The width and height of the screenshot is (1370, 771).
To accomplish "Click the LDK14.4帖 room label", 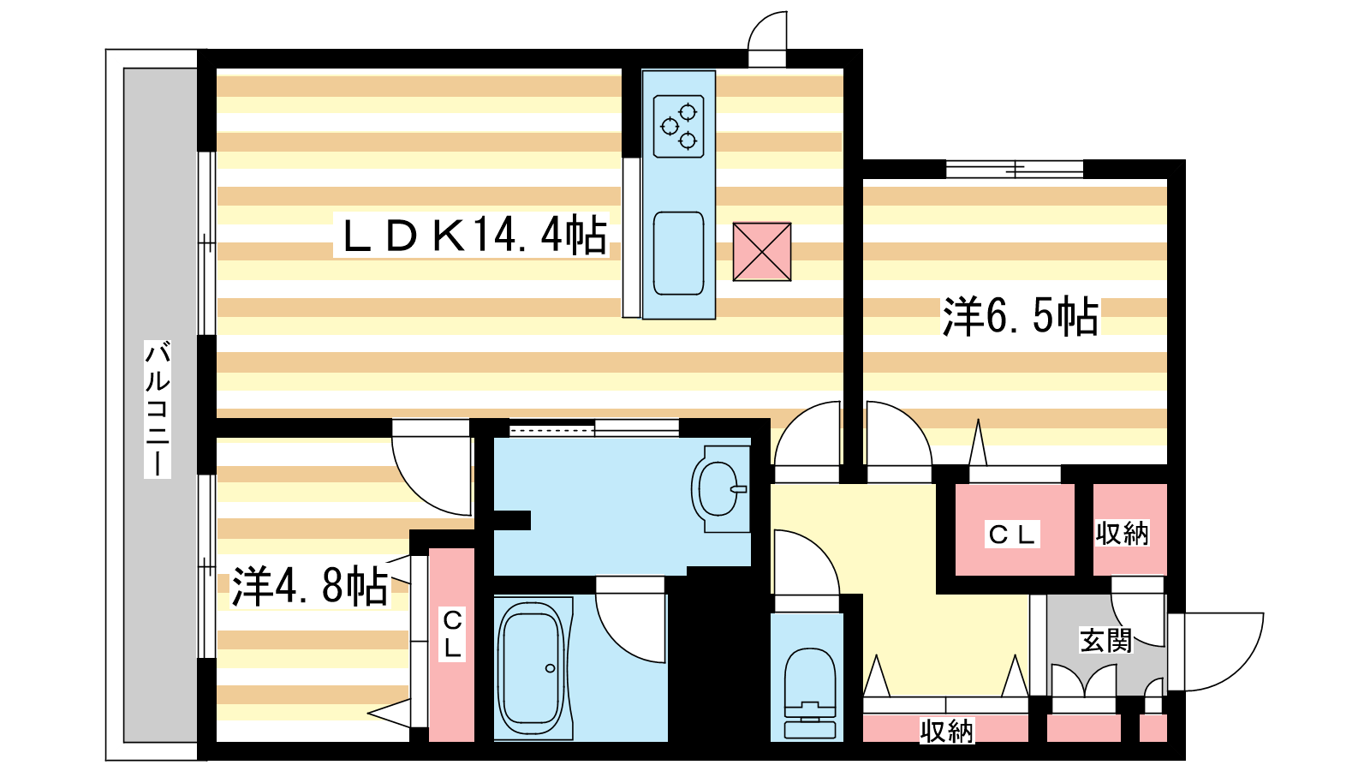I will [474, 236].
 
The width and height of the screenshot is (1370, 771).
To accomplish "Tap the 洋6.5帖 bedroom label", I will [1020, 316].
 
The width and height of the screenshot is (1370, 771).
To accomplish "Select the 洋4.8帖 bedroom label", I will [310, 587].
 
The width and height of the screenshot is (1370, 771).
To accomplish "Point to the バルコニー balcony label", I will [158, 409].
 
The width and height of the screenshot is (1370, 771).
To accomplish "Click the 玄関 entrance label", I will [1105, 640].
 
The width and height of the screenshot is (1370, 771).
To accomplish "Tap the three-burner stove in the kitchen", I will [678, 126].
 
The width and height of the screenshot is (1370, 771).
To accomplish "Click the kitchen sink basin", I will [678, 254].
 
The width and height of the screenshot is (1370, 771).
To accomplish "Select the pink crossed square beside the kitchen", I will [761, 252].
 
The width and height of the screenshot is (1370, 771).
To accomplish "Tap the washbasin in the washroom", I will [720, 489].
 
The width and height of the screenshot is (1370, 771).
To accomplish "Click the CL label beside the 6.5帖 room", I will [1013, 535].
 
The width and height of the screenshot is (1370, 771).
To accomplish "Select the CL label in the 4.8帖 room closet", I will [451, 634].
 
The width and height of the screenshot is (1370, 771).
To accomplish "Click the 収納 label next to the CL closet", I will [1122, 534].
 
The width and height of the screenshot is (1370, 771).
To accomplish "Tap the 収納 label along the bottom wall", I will [946, 731].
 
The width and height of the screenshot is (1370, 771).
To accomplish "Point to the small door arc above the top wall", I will [769, 36].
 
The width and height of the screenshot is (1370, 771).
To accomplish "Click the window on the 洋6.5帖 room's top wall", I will [1015, 169].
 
